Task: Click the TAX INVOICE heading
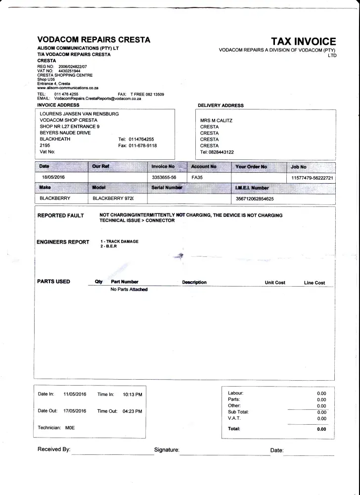coord(303,42)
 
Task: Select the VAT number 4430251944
coord(69,71)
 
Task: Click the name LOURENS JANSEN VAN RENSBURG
coord(79,114)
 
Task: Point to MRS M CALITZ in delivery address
coord(216,120)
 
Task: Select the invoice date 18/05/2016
coord(52,177)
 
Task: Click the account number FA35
coord(197,177)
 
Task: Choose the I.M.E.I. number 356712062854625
coord(255,198)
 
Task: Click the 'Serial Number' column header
coord(167,188)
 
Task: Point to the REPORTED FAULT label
coord(61,215)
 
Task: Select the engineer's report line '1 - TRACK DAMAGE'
coord(119,242)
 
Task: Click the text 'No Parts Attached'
coord(129,290)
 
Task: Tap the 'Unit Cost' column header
coord(275,283)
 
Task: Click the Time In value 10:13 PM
coord(133,395)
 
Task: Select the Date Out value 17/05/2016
coord(75,411)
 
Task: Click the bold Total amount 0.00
coord(321,429)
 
